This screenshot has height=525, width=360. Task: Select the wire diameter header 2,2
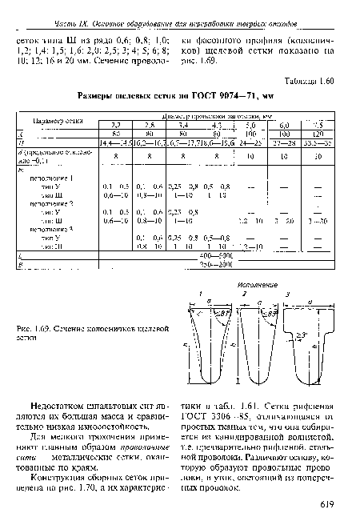point(115,126)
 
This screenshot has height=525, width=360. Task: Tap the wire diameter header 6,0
point(283,126)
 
